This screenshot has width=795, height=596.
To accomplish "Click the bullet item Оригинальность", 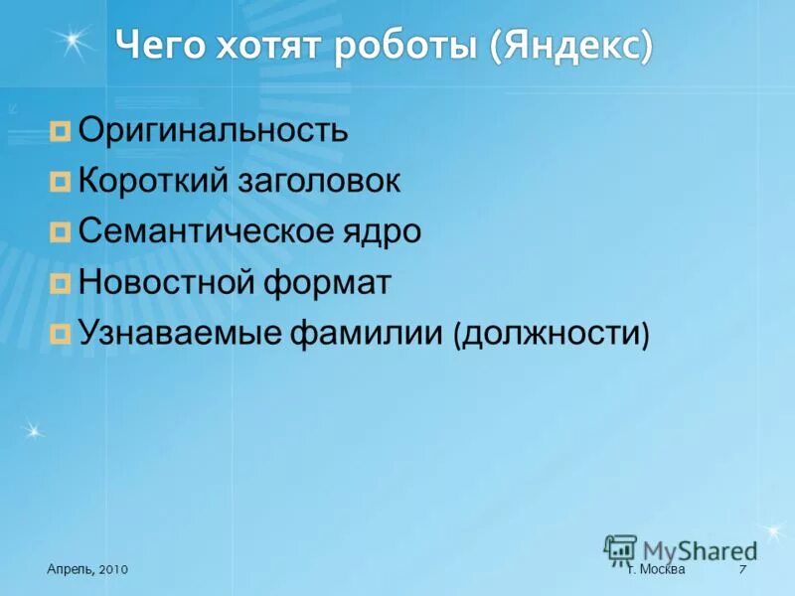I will (213, 130).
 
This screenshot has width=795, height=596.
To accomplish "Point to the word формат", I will (327, 283).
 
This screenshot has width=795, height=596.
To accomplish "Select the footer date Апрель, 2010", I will (86, 568).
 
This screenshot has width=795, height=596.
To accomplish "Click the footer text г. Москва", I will (657, 568).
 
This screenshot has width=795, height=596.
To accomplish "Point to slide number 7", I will (742, 568).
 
